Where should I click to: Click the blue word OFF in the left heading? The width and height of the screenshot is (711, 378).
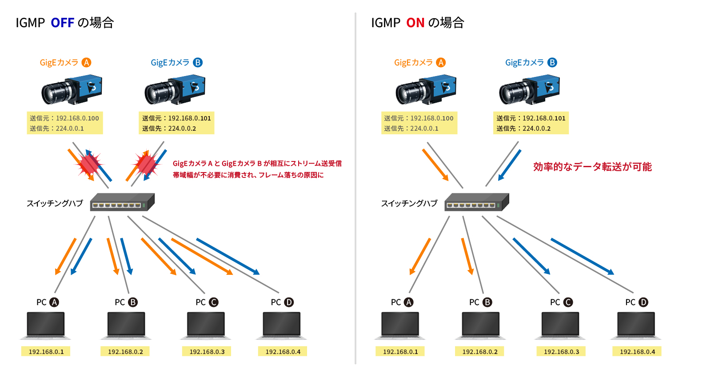coord(62,23)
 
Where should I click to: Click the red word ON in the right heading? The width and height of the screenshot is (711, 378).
coord(415,23)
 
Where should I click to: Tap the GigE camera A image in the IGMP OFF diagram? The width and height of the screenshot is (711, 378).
coord(72,90)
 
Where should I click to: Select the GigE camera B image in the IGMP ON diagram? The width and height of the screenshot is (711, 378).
coord(529,90)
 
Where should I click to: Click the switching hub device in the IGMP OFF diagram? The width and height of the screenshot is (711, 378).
coord(122,202)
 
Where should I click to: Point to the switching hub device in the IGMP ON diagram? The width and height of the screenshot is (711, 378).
coord(476,202)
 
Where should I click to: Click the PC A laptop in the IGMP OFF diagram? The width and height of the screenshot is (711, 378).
coord(46,325)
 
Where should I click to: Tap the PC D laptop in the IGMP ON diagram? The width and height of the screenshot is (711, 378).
coord(636,325)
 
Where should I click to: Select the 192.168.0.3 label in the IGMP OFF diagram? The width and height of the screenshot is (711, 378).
coord(207,352)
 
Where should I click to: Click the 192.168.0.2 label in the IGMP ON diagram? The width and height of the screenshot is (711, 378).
coord(480,352)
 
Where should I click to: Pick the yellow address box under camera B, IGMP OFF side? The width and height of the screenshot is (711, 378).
coord(176,123)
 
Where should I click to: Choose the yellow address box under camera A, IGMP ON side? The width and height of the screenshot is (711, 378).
coord(419,123)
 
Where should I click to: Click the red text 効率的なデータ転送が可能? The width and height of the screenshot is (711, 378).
coord(592,167)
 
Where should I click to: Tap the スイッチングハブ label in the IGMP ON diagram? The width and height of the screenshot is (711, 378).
coord(409,203)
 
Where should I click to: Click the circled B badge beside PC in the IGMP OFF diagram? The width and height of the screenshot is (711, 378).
coord(133,302)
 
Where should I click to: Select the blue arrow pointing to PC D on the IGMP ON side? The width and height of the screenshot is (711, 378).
coord(582,256)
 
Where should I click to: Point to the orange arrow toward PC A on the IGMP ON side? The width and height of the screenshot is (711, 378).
coord(420,256)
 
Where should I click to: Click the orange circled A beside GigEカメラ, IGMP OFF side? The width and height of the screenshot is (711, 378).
coord(86,63)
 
